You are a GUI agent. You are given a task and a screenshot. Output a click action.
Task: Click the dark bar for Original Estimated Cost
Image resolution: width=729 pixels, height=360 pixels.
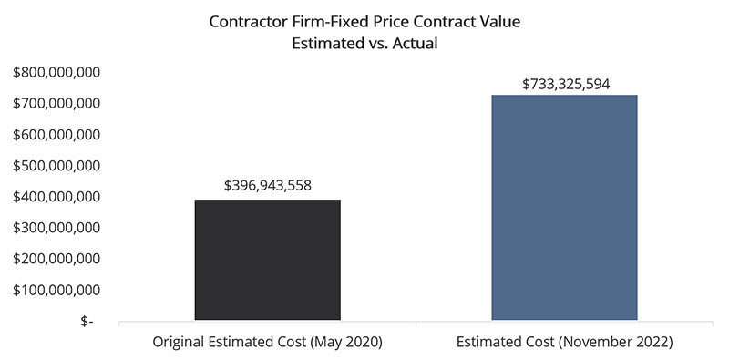[x=267, y=261]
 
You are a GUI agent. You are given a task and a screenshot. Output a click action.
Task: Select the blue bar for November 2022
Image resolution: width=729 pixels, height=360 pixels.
[x=564, y=208]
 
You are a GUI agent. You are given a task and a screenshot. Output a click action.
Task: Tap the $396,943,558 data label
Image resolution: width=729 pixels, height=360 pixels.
[x=268, y=185]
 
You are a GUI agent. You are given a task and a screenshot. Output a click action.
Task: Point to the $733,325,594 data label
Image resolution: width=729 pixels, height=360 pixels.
[x=565, y=84]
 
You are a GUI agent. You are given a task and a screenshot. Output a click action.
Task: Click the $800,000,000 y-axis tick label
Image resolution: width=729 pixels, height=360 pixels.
[x=57, y=72]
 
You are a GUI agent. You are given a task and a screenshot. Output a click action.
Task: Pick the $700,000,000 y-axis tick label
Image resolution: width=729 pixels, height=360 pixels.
[x=57, y=103]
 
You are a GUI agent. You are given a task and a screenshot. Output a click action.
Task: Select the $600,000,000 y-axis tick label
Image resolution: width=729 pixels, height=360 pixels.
[x=57, y=134]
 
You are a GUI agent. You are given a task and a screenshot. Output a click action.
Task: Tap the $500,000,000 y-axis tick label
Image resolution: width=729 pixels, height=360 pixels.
[x=57, y=165]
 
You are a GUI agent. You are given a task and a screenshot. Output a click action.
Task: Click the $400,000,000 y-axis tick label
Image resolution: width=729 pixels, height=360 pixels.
[x=57, y=197]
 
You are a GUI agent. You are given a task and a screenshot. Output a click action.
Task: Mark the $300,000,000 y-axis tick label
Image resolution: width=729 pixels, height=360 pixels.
[x=57, y=228]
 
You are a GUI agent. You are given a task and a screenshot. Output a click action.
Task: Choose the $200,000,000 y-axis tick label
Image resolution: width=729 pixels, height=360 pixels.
[x=57, y=259]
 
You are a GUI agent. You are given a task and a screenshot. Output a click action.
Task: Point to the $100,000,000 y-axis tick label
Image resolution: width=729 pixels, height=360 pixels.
[x=57, y=290]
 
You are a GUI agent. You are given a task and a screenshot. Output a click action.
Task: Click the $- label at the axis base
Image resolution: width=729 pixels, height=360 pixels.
[x=86, y=322]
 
